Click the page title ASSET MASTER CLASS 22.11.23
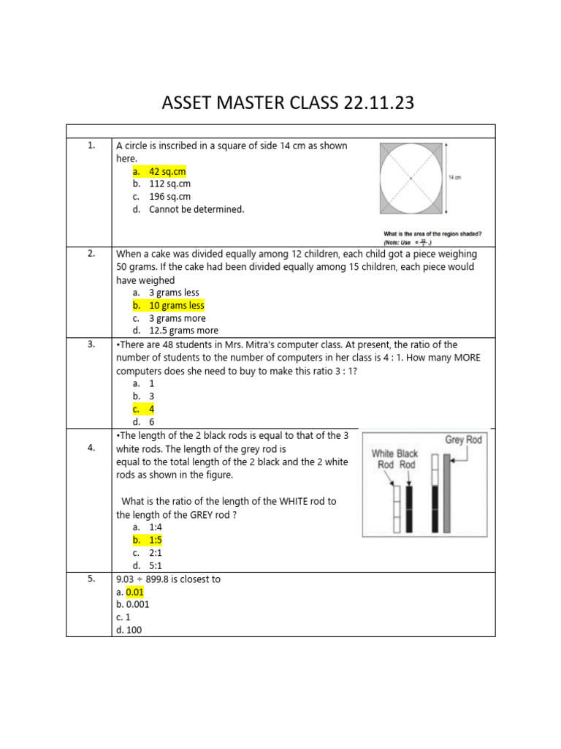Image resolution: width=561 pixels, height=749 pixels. coord(287,103)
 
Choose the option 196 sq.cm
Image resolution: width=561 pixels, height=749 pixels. coord(169,197)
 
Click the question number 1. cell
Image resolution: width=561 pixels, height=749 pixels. coord(91,146)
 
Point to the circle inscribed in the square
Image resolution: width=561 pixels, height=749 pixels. coord(411,178)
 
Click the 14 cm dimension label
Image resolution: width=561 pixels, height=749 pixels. coord(454,178)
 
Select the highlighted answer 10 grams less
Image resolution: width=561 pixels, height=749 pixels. coord(176,305)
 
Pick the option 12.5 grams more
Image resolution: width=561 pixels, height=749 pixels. coord(183,331)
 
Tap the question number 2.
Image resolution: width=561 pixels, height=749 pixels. coord(91,253)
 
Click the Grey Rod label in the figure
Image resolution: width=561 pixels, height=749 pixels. coord(464,440)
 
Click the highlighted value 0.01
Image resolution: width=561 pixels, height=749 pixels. coord(135,592)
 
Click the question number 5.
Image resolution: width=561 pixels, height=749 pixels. coord(91,579)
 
